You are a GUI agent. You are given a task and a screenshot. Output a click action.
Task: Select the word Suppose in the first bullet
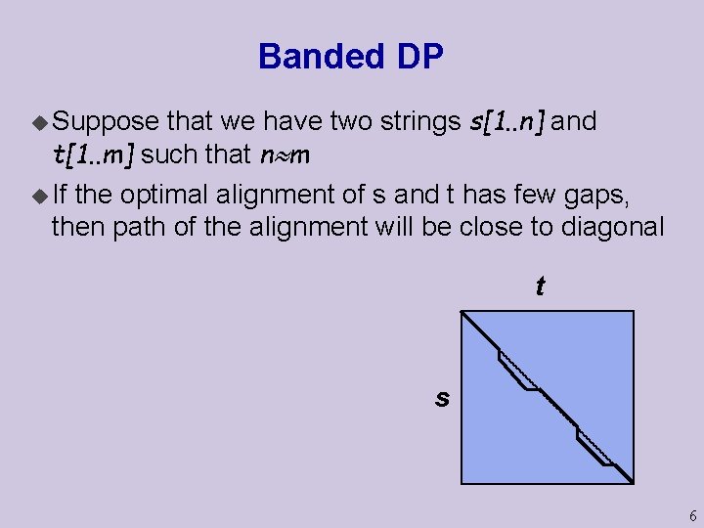coord(105,122)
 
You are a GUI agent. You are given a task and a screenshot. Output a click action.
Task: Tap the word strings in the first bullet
coord(414,122)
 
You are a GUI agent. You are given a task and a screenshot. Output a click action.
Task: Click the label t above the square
coord(540,287)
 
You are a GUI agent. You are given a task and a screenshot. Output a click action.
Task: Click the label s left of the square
coord(443,397)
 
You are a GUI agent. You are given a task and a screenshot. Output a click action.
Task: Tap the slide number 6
coord(692,515)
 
